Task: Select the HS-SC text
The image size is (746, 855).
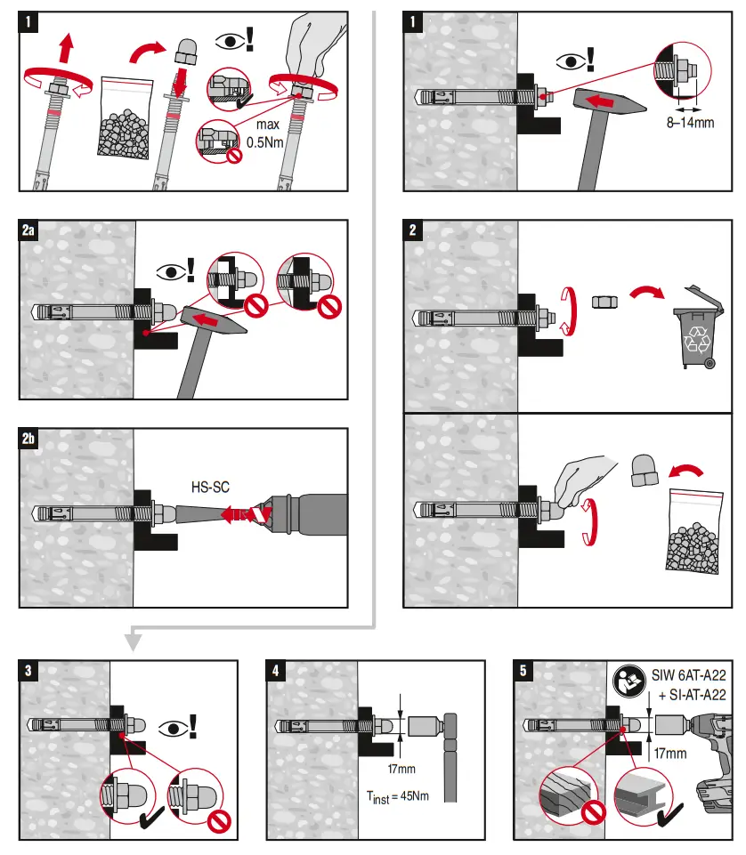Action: (x=208, y=487)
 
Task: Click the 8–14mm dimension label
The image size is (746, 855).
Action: (x=691, y=122)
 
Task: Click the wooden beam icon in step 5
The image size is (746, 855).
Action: (x=564, y=796)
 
